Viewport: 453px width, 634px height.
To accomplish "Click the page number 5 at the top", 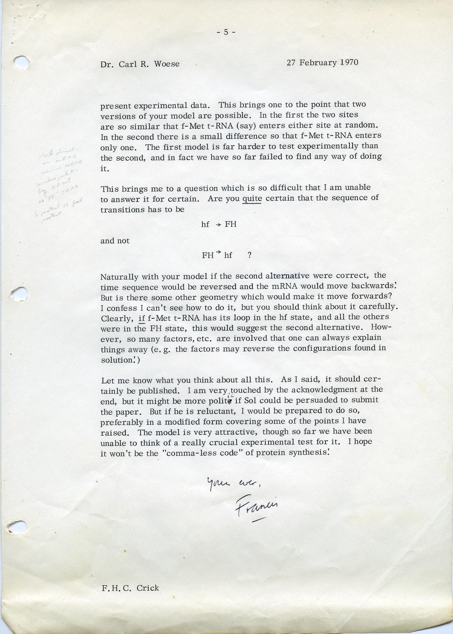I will (226, 32).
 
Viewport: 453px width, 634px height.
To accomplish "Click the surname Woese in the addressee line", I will (167, 64).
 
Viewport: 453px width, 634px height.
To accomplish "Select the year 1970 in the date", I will (349, 62).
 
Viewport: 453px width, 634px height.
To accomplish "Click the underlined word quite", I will (252, 199).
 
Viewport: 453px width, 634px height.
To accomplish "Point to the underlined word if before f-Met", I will (142, 318).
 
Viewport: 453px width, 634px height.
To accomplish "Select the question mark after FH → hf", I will (250, 255).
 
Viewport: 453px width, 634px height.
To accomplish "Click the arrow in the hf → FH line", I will (218, 225).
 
